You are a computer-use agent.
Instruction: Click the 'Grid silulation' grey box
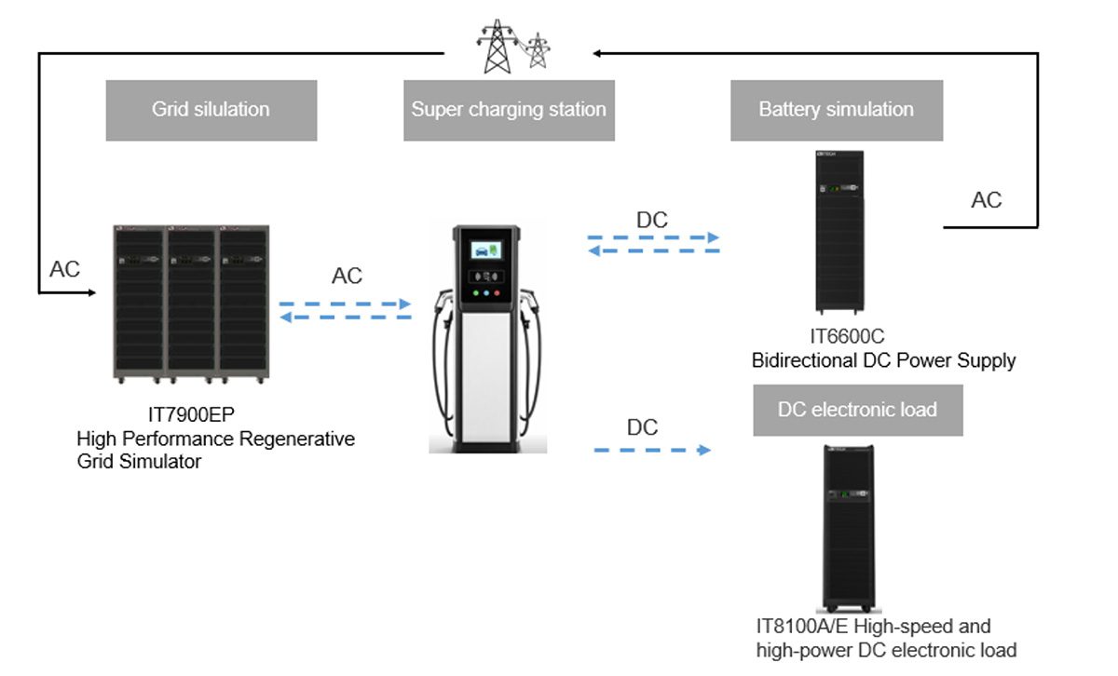[211, 110]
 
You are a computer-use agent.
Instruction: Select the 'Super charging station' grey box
[509, 110]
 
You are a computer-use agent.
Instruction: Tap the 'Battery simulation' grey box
[836, 110]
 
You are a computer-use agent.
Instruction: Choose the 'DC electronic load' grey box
[857, 410]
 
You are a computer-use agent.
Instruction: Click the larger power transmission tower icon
[495, 47]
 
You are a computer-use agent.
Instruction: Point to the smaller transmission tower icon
[536, 51]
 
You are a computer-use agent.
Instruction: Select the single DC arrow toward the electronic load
[652, 451]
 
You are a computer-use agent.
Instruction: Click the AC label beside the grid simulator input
[65, 270]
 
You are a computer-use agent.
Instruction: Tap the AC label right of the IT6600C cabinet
[987, 200]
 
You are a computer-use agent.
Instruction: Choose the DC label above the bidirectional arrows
[652, 221]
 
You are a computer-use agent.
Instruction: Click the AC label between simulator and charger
[347, 277]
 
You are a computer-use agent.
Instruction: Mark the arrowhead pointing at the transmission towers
[597, 53]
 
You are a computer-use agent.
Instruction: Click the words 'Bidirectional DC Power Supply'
[883, 360]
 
